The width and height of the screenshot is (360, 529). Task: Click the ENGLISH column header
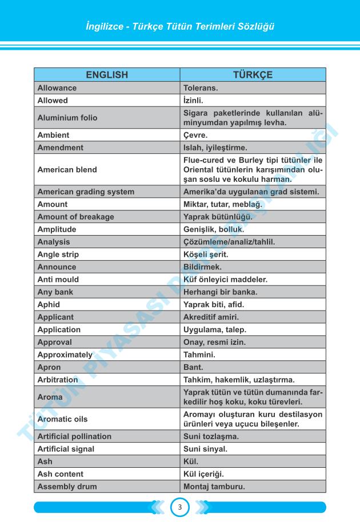point(107,75)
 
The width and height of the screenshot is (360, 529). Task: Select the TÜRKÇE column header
point(253,75)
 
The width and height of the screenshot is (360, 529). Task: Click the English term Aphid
point(49,304)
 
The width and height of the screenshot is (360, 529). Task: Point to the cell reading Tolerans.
point(201,88)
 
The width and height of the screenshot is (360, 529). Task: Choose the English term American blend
point(67,169)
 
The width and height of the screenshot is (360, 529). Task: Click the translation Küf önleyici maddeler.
point(225,279)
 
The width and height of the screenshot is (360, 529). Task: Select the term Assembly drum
point(67,486)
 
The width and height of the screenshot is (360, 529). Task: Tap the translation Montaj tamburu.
point(214,486)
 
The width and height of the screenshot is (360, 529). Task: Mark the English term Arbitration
point(58,379)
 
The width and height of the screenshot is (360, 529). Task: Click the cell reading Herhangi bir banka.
point(220,292)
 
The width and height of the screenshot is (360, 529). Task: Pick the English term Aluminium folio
point(67,118)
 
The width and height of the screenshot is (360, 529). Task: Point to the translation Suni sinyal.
point(205,449)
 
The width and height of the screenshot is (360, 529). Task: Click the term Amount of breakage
point(75,217)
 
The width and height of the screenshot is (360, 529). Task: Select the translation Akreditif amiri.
point(211,317)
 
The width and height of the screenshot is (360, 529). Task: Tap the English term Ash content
point(60,474)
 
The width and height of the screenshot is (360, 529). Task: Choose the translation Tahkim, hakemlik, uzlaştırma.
point(238,379)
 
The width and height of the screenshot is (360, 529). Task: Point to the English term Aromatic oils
point(62,419)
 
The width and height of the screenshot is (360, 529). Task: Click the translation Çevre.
point(195,135)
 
